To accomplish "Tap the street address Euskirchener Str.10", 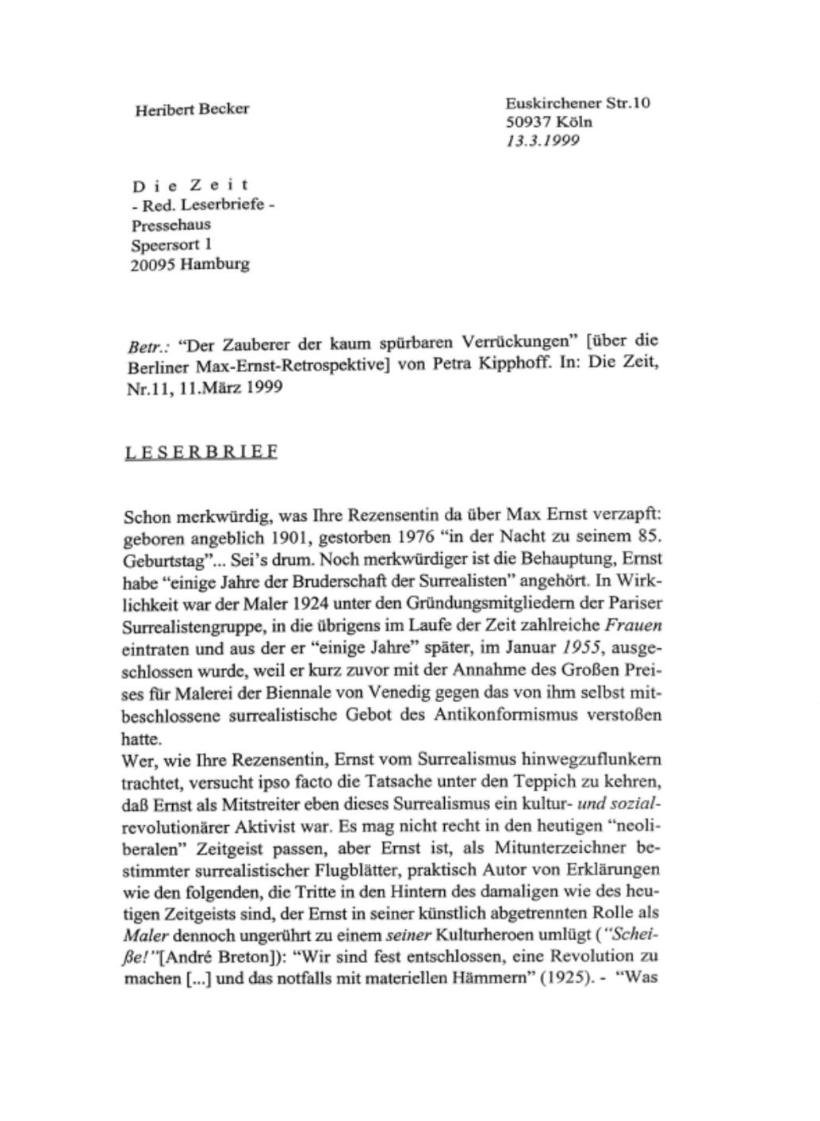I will click(x=577, y=103).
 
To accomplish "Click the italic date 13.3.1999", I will click(x=542, y=140).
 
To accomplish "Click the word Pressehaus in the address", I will click(x=171, y=225).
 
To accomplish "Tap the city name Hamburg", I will click(x=215, y=265).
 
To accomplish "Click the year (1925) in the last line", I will click(x=562, y=977).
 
